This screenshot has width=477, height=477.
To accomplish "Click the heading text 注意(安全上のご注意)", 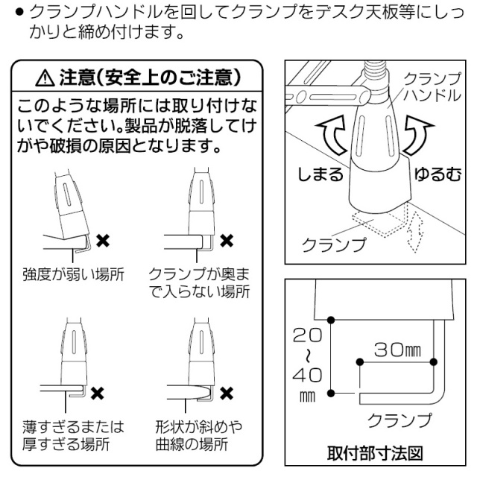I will click(149, 77).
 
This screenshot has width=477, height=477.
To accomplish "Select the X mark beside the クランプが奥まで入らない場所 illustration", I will click(228, 241).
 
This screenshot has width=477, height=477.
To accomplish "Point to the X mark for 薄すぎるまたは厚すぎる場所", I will click(97, 391).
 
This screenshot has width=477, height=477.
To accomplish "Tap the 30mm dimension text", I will click(399, 349).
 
